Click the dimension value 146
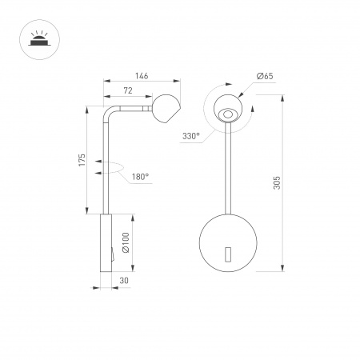(x=142, y=76)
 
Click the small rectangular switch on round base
(x=229, y=255)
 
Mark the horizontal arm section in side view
(x=132, y=106)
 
